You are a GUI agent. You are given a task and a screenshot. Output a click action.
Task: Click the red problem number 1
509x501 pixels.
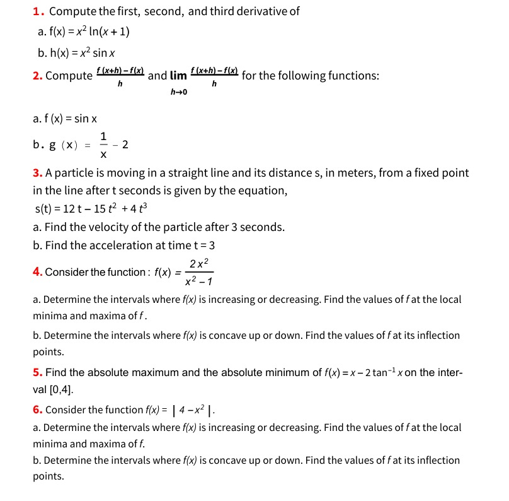coord(37,11)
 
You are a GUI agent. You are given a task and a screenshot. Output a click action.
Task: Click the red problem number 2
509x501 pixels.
coord(37,76)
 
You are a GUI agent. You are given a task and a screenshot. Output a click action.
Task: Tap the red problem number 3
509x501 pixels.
coord(37,173)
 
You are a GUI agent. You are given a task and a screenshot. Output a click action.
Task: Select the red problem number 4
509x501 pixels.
coord(37,272)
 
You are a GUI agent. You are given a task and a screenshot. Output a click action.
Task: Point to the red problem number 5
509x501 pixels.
coord(37,372)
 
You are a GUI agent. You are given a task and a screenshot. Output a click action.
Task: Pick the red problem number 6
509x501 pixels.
coord(37,410)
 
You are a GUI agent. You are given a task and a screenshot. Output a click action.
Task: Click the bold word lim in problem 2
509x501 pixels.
coord(179,76)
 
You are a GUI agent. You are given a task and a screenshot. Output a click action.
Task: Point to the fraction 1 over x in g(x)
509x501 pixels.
coord(103,144)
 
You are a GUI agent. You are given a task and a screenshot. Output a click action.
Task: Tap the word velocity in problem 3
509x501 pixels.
coord(108,227)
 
